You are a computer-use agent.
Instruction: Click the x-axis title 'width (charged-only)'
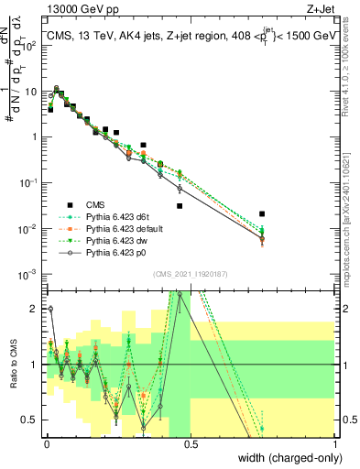tap(283, 457)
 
